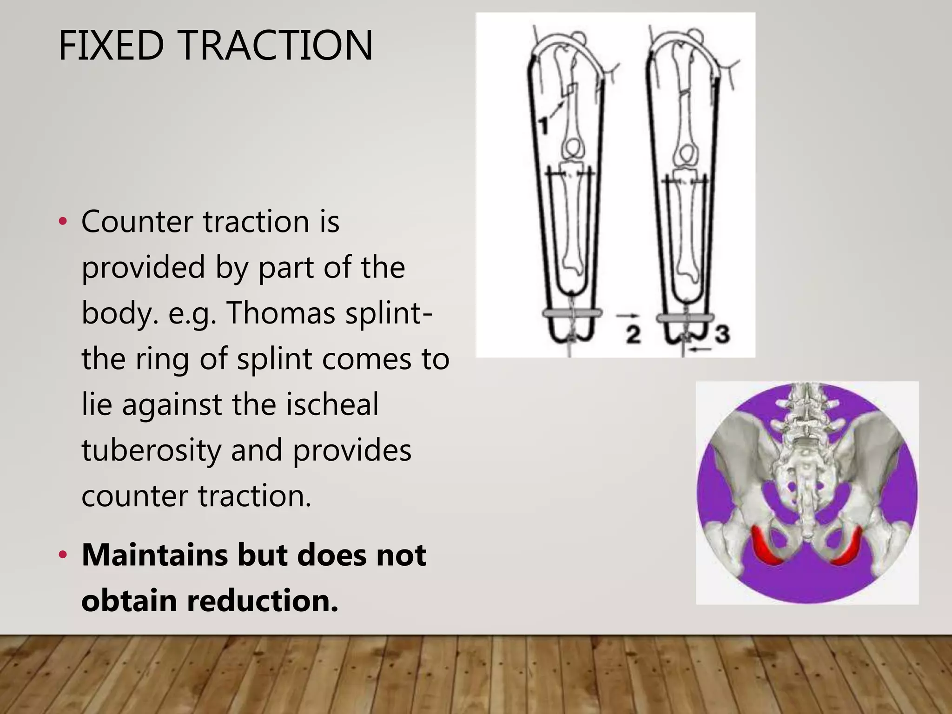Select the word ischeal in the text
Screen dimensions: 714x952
pos(332,404)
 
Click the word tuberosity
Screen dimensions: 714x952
pos(151,450)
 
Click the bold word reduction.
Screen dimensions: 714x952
pos(262,600)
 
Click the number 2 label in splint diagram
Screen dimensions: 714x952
pos(633,334)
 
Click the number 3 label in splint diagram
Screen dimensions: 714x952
pos(722,334)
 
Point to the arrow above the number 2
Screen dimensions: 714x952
pos(624,316)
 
